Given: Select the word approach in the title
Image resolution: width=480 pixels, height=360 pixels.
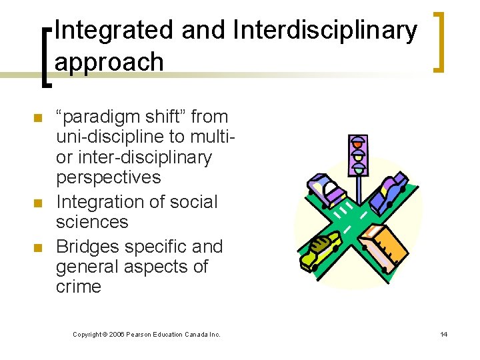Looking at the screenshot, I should (x=109, y=62).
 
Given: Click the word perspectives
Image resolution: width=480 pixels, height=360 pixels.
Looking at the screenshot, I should (x=109, y=177).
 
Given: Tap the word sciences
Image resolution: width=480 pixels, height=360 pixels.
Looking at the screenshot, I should (x=92, y=221).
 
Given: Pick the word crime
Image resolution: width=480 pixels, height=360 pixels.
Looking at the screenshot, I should (x=79, y=287).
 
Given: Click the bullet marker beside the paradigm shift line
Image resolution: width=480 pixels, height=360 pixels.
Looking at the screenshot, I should (x=38, y=119).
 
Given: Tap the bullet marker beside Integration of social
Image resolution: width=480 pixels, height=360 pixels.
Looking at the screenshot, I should (x=38, y=203).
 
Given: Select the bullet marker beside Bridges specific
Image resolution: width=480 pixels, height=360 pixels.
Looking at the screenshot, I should (x=38, y=248).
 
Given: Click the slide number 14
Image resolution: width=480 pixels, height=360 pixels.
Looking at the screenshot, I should (x=443, y=334).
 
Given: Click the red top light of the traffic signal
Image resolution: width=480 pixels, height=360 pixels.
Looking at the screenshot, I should (x=359, y=142).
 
